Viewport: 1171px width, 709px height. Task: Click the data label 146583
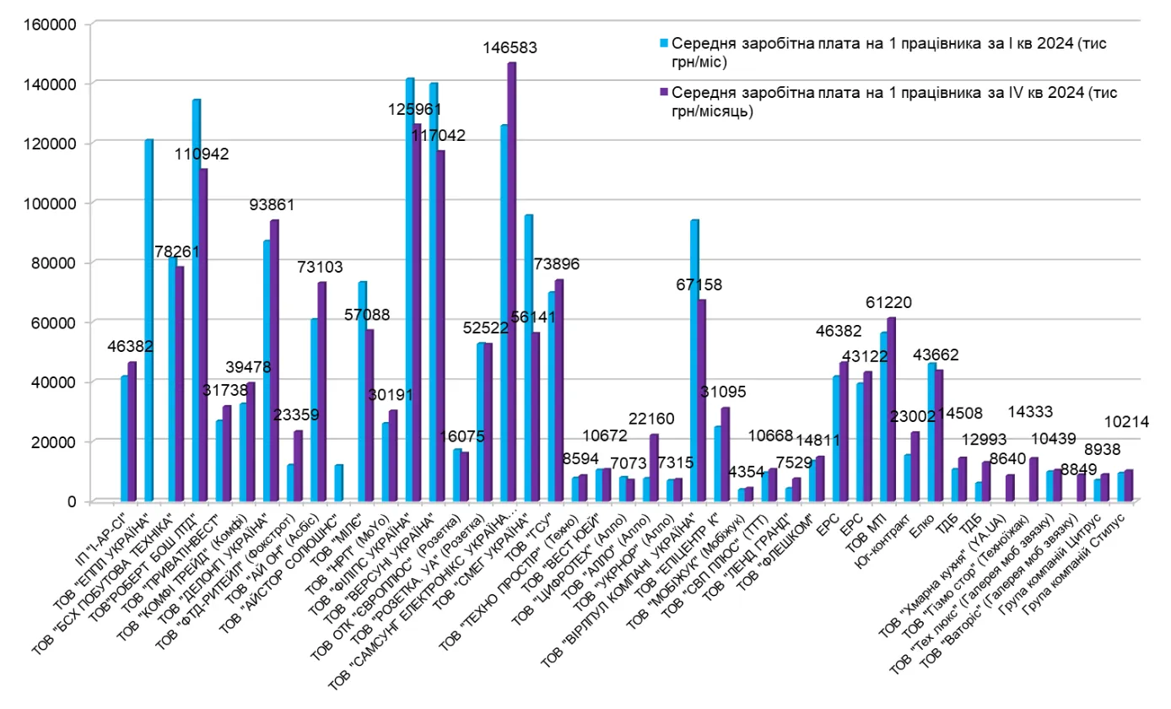pyautogui.click(x=510, y=48)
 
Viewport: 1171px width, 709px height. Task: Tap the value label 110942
pyautogui.click(x=202, y=154)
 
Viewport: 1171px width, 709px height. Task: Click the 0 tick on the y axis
pyautogui.click(x=72, y=501)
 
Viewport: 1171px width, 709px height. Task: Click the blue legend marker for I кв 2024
pyautogui.click(x=664, y=42)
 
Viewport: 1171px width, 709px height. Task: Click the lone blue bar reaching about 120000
pyautogui.click(x=148, y=320)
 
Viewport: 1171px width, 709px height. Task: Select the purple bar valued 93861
pyautogui.click(x=274, y=360)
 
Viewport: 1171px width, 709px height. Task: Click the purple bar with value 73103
pyautogui.click(x=321, y=391)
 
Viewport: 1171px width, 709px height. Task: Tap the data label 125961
pyautogui.click(x=415, y=109)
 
